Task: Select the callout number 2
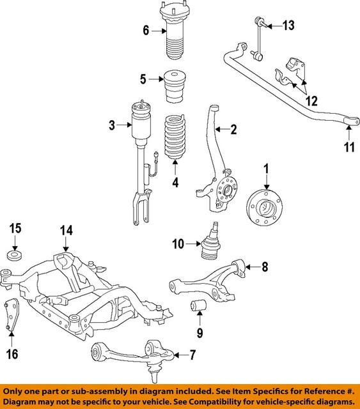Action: click(233, 130)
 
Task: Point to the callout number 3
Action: click(111, 126)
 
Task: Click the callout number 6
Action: click(146, 29)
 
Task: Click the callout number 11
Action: click(349, 148)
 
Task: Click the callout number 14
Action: click(67, 231)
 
